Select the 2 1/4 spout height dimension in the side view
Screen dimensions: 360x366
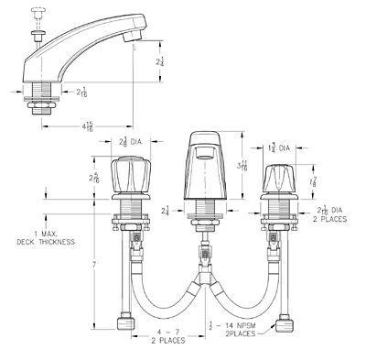(161, 61)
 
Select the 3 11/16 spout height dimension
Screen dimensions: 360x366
(241, 165)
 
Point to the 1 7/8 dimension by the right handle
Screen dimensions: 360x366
(315, 181)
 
